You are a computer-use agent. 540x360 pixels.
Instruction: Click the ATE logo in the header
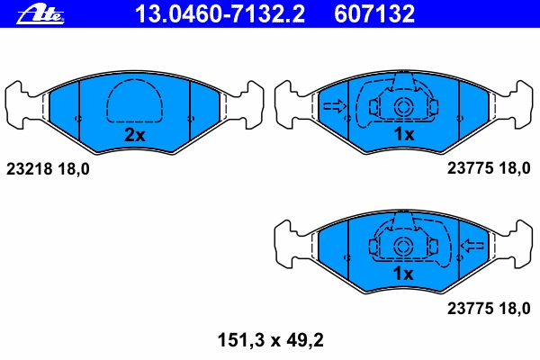40,14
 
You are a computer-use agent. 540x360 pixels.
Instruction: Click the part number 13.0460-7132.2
220,13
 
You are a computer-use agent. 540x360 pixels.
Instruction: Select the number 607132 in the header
374,13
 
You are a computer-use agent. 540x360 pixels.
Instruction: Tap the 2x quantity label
135,135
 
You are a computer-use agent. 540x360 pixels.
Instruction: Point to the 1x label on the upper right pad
404,134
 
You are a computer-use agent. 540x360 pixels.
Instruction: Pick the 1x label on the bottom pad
403,274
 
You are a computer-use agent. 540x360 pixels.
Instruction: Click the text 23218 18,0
48,169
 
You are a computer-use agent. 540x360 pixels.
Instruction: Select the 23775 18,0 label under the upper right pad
489,168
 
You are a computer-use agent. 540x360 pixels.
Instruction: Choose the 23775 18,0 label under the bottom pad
489,309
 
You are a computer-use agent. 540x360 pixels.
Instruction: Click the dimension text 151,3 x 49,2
270,340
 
